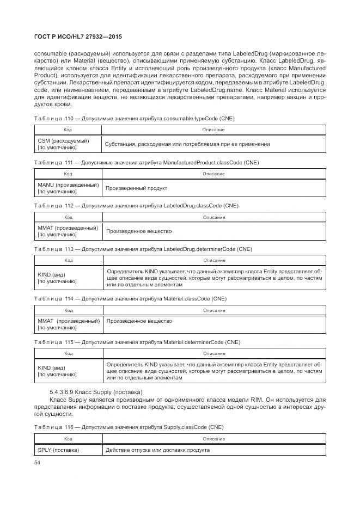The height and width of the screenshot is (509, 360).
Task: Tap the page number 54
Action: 37,463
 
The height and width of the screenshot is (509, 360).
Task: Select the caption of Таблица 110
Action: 134,118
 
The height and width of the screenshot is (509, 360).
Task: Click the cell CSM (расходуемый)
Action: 68,144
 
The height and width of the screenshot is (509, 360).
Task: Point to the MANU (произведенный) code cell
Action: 68,188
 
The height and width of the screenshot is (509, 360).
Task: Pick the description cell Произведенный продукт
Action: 136,188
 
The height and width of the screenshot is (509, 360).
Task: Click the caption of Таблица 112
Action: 136,205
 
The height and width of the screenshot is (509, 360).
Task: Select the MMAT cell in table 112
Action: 68,231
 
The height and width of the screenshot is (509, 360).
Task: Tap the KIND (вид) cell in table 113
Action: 68,278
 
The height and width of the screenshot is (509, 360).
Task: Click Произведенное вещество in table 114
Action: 139,321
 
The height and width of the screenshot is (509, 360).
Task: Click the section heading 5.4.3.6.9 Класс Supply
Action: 96,392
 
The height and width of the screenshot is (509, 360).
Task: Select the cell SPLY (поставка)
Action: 59,450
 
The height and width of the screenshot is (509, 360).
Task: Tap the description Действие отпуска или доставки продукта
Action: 158,450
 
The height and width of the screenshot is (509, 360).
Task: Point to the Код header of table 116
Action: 68,438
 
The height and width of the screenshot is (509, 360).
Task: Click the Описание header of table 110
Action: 213,130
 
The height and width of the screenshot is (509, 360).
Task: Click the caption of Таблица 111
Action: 146,162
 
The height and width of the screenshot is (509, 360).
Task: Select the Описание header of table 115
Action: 214,354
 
